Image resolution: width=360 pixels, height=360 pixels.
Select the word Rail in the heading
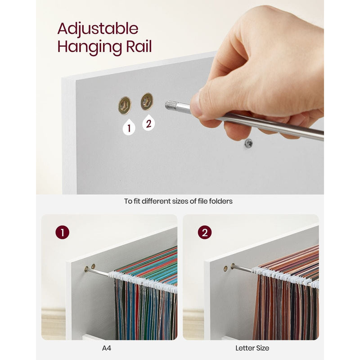pos(139,46)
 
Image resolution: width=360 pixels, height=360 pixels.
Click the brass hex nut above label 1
pos(125,105)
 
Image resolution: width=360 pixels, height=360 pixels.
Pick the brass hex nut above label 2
pos(147,101)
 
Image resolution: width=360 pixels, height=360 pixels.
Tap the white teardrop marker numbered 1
pos(129,127)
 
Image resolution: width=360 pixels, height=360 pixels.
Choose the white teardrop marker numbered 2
pos(148,123)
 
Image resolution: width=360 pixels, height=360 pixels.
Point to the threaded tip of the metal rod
pos(171,105)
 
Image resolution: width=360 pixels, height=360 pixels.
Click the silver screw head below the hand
pos(248,144)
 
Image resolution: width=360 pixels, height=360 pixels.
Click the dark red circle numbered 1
pos(62,232)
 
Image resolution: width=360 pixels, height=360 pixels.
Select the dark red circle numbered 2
pos(205,232)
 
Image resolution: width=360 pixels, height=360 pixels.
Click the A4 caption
pos(107,348)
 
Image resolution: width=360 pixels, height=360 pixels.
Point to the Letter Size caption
pos(252,348)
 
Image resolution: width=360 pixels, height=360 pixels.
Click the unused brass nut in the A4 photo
pos(93,266)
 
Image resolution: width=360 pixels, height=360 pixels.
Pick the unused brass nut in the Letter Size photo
pos(225,269)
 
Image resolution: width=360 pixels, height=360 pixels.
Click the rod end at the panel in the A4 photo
pos(86,269)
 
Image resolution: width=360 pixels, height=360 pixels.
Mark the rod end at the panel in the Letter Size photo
pos(233,266)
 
